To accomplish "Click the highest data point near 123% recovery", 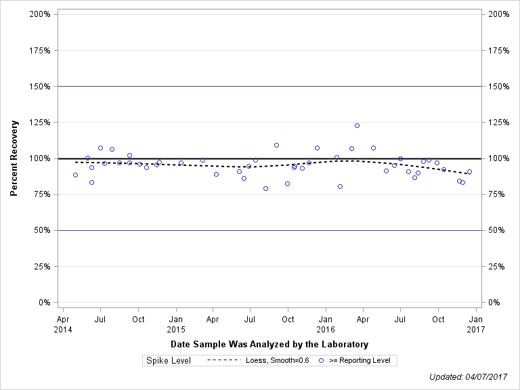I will (357, 125).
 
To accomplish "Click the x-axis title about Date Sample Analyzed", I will (269, 345).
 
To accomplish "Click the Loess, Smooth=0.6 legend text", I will (278, 360).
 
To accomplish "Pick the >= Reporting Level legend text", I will (360, 360).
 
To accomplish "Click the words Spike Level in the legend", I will (169, 360).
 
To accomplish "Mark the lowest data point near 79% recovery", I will (265, 188).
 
